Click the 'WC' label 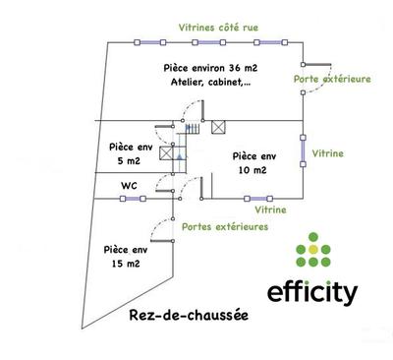click(x=129, y=184)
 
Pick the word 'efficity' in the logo click(x=313, y=292)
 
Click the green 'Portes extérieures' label click(x=225, y=227)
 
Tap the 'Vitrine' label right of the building click(x=327, y=154)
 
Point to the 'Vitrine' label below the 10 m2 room click(x=270, y=210)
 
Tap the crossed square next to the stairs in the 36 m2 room click(x=218, y=126)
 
